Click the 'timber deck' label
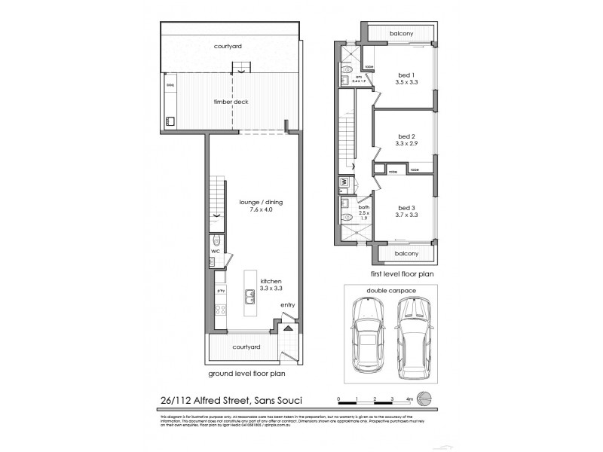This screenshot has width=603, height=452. point(231,101)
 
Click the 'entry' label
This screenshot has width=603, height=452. point(287,304)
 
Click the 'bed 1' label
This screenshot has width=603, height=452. point(406,74)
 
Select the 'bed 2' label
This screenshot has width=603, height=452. point(406,136)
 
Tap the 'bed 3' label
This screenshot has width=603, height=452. point(406,207)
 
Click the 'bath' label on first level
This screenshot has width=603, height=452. point(363,207)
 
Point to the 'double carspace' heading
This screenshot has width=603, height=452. point(390,289)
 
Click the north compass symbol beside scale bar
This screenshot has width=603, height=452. point(426,399)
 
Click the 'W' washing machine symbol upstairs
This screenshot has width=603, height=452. point(343,182)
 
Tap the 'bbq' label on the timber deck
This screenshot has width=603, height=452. point(170,84)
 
